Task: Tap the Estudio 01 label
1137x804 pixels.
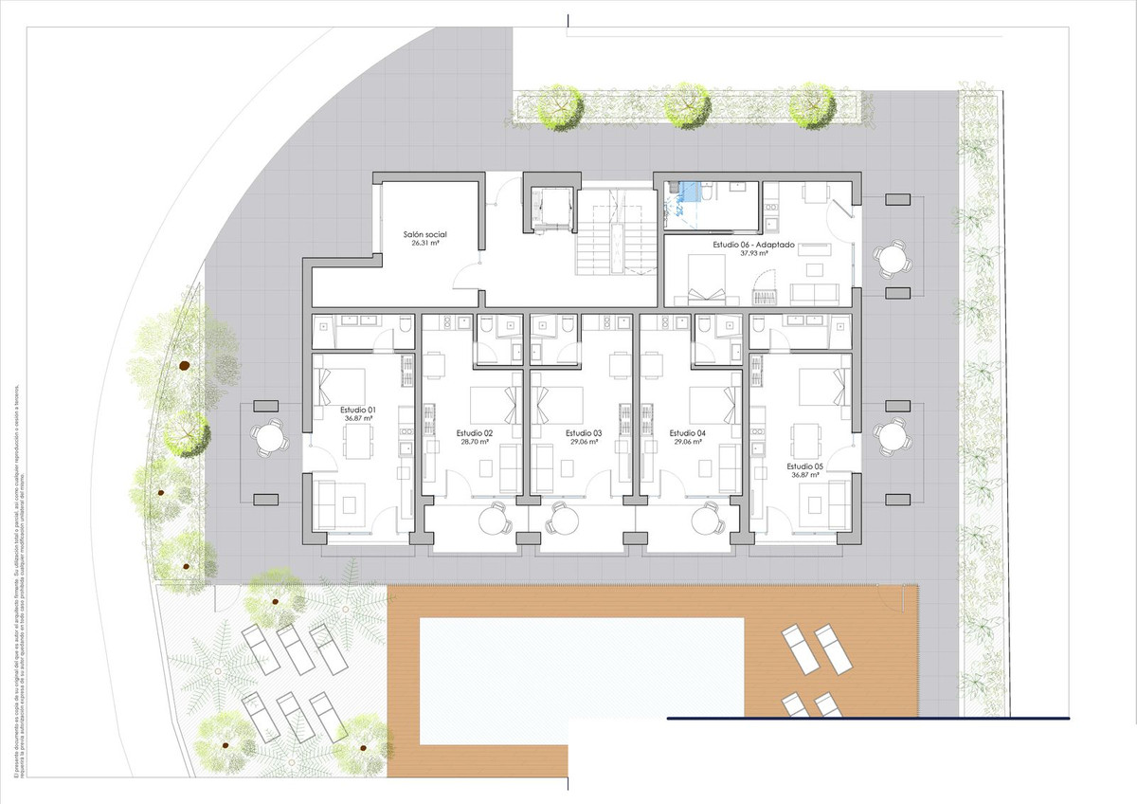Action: pyautogui.click(x=359, y=409)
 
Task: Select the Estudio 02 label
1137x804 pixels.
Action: pyautogui.click(x=475, y=433)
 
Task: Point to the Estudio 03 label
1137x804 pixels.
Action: pyautogui.click(x=585, y=433)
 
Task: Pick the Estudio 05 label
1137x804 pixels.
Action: pyautogui.click(x=804, y=466)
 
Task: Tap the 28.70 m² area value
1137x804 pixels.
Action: pyautogui.click(x=475, y=442)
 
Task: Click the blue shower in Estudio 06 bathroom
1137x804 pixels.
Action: pyautogui.click(x=699, y=192)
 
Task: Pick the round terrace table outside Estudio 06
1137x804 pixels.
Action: pyautogui.click(x=892, y=257)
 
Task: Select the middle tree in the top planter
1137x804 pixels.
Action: pyautogui.click(x=686, y=105)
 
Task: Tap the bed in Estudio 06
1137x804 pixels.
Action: pyautogui.click(x=707, y=282)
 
